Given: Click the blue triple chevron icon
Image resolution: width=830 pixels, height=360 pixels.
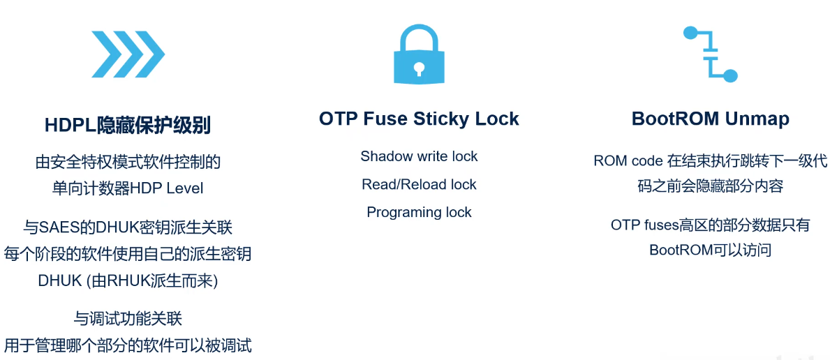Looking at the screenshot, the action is click(128, 54).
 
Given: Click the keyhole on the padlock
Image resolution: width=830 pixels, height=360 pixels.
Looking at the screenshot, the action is click(419, 69).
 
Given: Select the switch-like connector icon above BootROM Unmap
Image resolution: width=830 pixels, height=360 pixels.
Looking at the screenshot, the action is click(711, 54).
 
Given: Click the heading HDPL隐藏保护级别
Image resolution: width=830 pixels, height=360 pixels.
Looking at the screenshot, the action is click(128, 126).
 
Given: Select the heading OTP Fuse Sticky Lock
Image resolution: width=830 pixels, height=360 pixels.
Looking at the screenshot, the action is click(419, 119).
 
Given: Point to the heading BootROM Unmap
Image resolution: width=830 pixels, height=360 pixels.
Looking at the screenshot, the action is click(711, 119).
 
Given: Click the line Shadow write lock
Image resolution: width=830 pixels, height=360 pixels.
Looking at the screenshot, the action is click(419, 156).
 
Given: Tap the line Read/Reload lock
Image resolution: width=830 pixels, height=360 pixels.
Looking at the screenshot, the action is click(419, 184).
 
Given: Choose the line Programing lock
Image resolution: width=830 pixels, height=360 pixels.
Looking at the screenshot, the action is click(419, 212).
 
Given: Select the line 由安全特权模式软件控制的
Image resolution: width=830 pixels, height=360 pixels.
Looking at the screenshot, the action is click(128, 161).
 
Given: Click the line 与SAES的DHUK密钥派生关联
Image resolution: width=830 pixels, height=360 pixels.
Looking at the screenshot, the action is click(128, 227).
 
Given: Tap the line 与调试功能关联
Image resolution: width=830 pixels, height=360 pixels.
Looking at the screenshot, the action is click(128, 319).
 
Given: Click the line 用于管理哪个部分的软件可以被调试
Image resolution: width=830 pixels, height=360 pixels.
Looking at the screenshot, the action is click(128, 346).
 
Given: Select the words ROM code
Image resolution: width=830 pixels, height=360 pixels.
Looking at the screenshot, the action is click(625, 161).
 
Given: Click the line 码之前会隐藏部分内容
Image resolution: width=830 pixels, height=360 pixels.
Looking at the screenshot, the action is click(711, 186).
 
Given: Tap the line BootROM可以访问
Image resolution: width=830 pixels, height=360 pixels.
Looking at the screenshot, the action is click(711, 250).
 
